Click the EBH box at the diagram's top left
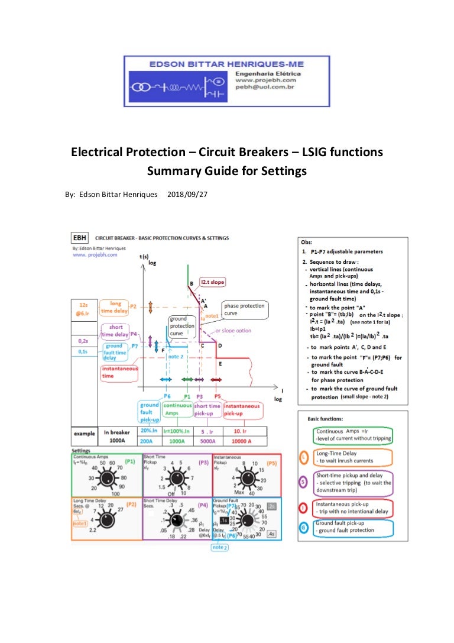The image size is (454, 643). pyautogui.click(x=79, y=238)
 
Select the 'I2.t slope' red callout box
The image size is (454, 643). pyautogui.click(x=212, y=283)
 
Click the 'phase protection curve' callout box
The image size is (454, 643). pyautogui.click(x=244, y=309)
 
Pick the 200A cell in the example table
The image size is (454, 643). pyautogui.click(x=149, y=441)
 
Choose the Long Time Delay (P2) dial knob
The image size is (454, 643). pyautogui.click(x=107, y=519)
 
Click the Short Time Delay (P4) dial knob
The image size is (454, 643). pyautogui.click(x=177, y=519)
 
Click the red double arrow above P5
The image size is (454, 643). pyautogui.click(x=217, y=379)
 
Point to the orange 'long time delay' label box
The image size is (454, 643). pyautogui.click(x=115, y=308)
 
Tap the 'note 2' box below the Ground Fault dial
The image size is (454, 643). pyautogui.click(x=219, y=547)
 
